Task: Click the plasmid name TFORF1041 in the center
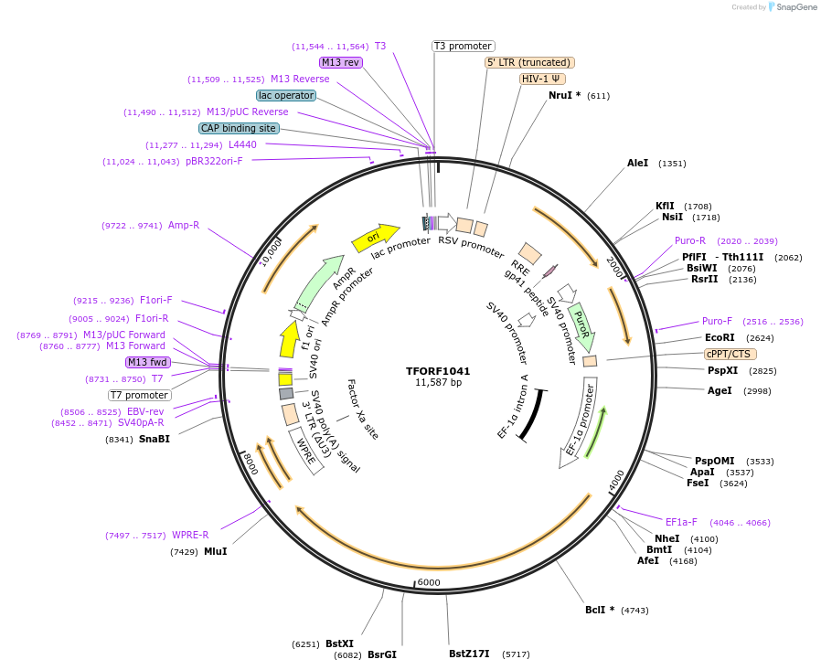coord(438,371)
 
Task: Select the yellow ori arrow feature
coord(376,238)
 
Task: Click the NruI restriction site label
coord(564,96)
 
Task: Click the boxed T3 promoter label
coord(463,46)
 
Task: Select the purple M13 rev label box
coord(341,62)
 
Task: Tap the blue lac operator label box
coord(286,95)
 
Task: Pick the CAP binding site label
coord(239,128)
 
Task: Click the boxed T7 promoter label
coord(139,395)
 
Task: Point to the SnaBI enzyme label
coord(155,439)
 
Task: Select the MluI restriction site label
coord(215,551)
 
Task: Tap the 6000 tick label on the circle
coord(429,582)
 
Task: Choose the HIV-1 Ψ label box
coord(542,79)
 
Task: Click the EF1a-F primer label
coord(681,522)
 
